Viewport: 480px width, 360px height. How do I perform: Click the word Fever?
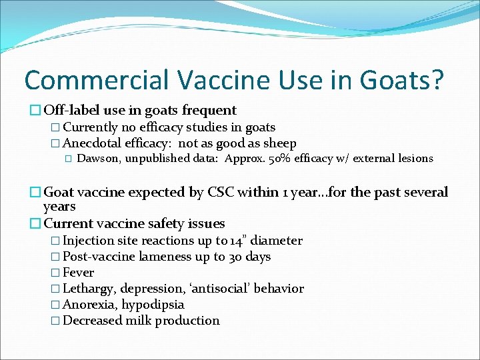[79, 273]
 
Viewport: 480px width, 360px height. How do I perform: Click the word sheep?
[279, 143]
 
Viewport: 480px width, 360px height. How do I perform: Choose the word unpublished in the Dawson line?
[162, 159]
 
